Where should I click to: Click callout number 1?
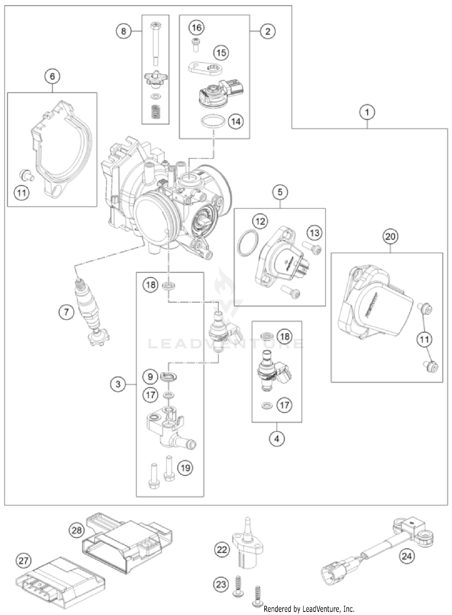[367, 112]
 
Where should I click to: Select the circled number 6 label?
[52, 76]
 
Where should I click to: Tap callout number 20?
[390, 236]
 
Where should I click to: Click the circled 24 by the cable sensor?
[406, 556]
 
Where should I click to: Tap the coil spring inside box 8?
[155, 112]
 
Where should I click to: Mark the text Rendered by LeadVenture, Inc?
[309, 609]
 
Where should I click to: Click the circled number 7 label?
[66, 312]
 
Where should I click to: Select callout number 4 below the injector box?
[277, 438]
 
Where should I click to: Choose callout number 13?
[315, 233]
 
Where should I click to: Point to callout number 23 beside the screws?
[221, 584]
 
